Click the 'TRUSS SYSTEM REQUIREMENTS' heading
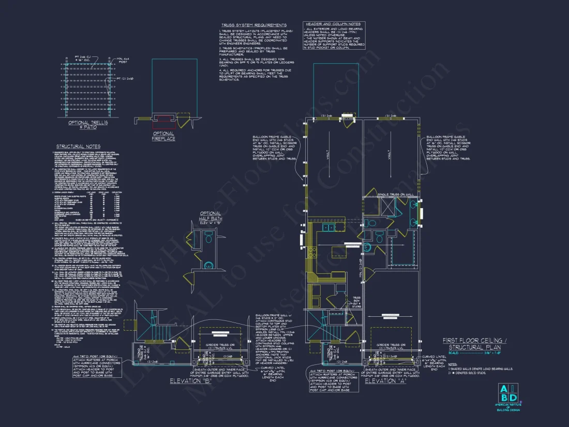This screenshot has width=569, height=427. (x=254, y=25)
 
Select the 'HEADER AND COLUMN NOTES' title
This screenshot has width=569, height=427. (x=334, y=24)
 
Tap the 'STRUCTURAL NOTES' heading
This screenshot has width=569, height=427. (x=78, y=146)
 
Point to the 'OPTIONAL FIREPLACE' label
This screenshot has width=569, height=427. (x=163, y=136)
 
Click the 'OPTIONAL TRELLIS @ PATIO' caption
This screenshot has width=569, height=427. (x=88, y=124)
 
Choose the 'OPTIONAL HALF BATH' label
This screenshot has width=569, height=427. (x=210, y=216)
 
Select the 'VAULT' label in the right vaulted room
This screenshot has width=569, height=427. (x=388, y=155)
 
